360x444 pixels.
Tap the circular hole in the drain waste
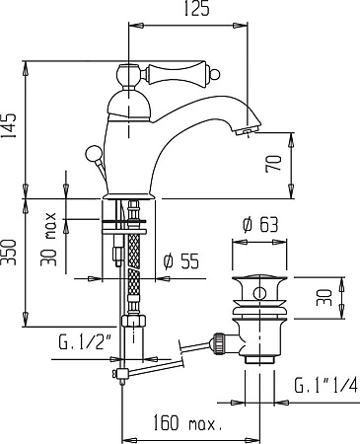(x=259, y=292)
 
